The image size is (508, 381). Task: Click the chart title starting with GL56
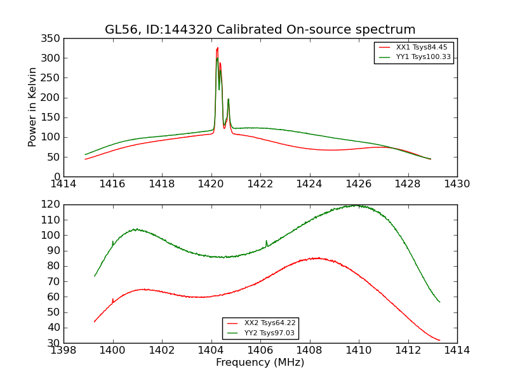(x=260, y=30)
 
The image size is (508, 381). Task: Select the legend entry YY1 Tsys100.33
(x=423, y=57)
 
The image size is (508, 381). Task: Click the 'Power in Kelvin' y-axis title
(x=32, y=107)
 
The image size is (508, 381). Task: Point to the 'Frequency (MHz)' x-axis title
(x=260, y=363)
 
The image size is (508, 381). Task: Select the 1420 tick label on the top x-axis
(x=211, y=184)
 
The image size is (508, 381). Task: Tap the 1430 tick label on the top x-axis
(x=457, y=184)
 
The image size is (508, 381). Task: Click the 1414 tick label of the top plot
(x=63, y=184)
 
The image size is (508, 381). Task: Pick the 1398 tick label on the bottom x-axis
(x=63, y=351)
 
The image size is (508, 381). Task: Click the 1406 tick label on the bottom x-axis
(x=260, y=351)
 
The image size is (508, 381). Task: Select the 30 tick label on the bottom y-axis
(x=52, y=343)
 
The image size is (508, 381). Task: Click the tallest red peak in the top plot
(x=217, y=48)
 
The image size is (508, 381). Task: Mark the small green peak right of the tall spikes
(x=229, y=100)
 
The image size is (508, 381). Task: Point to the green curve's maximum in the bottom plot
(x=357, y=205)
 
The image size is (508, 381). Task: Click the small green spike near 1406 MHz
(x=266, y=241)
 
